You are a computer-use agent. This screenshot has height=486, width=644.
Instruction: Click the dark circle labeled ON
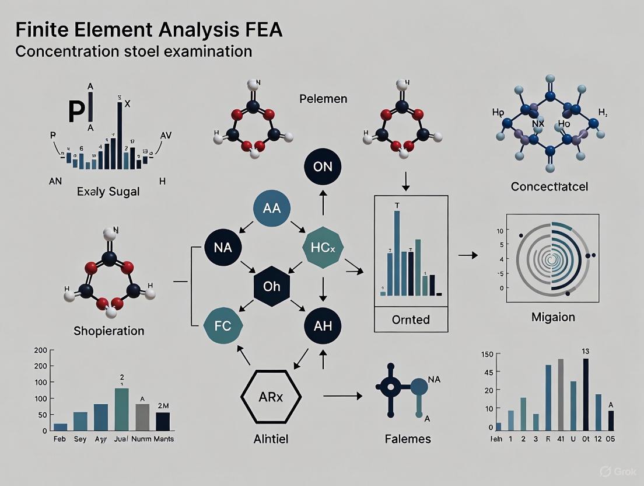point(322,166)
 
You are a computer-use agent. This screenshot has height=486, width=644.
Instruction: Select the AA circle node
point(272,207)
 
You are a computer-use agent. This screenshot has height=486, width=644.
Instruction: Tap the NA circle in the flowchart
point(223,248)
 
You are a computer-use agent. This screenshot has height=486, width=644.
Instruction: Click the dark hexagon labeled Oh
point(272,287)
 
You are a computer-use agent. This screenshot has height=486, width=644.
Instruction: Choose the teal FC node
point(223,326)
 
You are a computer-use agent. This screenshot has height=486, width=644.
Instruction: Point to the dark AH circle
point(322,326)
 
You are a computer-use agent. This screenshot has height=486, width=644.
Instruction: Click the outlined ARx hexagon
point(271,395)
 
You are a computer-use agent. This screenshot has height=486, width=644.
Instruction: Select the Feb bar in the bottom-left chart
point(60,426)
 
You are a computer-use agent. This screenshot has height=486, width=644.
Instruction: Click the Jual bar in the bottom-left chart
point(122,409)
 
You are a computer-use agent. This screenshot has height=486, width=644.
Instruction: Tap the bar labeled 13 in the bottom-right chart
point(586,394)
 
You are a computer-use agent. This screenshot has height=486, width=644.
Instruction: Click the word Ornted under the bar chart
point(411,320)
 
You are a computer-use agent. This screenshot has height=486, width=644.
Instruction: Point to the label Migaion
point(553,317)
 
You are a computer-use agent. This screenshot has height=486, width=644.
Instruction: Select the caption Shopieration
point(108,331)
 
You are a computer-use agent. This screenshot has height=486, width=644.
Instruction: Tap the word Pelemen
point(323,98)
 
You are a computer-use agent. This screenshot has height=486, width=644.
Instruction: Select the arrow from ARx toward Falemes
point(342,396)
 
